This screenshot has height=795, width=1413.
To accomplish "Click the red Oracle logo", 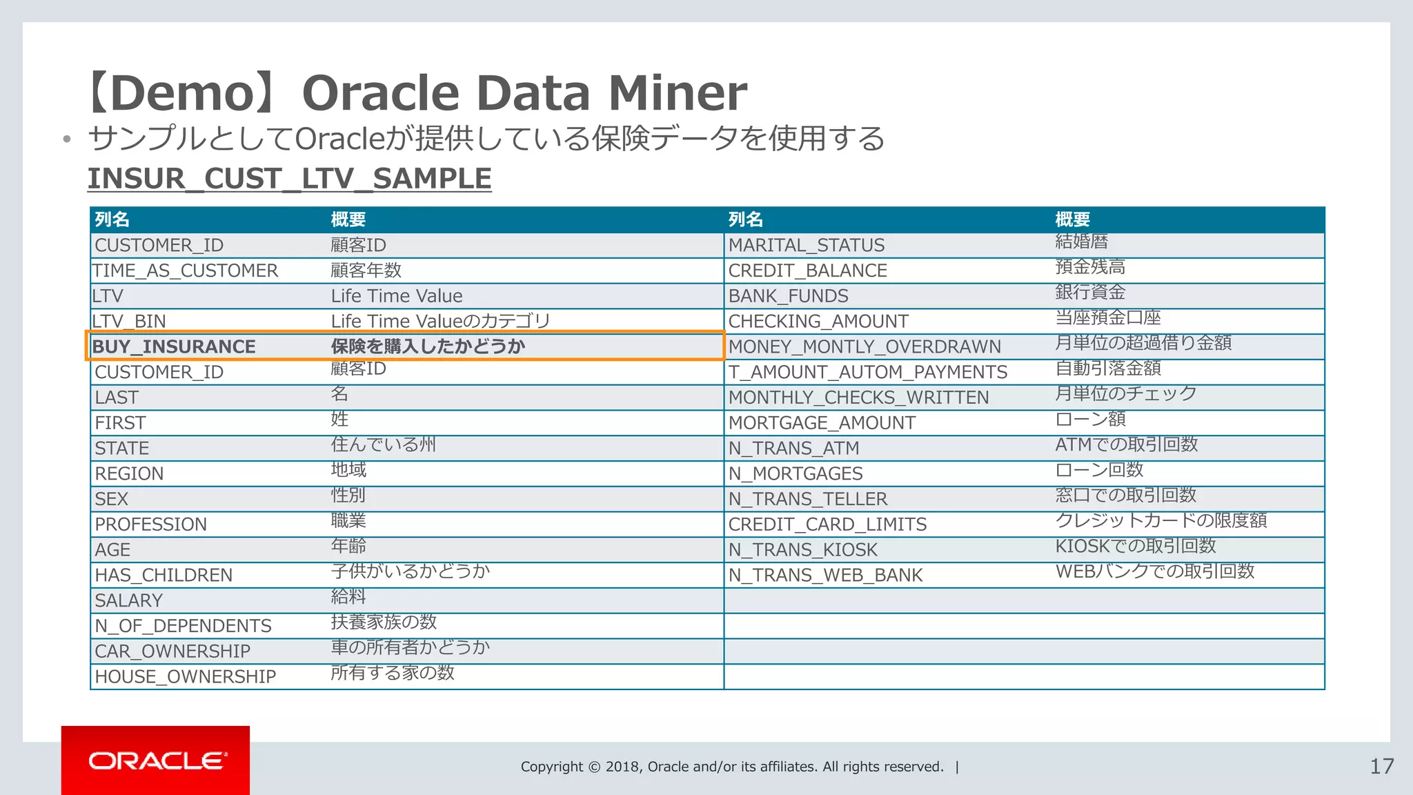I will coord(155,760).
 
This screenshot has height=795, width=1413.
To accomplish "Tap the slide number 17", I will coord(1381,766).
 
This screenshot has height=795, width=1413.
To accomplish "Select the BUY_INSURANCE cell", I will coord(174,346).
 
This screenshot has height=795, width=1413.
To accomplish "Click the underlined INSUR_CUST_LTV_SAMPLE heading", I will coord(289,179).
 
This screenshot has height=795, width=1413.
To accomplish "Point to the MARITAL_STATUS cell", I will coord(806,245).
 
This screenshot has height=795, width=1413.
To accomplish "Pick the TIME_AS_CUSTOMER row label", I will coord(186,271).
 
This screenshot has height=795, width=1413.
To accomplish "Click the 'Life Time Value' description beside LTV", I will coord(397,296).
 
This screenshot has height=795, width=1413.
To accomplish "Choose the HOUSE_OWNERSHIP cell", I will coord(185,676).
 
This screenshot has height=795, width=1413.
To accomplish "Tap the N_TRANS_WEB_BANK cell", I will coord(825,575).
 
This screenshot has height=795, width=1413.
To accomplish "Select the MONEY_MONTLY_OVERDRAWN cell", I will coord(864,346).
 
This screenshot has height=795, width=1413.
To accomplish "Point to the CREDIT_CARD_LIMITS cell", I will coord(827,524).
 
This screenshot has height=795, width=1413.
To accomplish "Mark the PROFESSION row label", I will coord(150,524).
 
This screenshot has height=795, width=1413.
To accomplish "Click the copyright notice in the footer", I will coord(732,767).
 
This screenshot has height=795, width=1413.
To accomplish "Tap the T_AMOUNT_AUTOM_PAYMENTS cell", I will coord(868,372).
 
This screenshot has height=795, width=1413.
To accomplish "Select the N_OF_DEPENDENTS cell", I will coord(183,626).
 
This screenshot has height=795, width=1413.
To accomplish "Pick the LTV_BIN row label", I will coord(129,322).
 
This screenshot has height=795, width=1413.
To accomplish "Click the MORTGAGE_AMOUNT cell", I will coord(822,423).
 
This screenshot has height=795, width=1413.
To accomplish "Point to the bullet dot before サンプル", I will coord(66,139).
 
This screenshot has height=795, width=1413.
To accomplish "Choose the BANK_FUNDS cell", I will coord(788,296).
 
